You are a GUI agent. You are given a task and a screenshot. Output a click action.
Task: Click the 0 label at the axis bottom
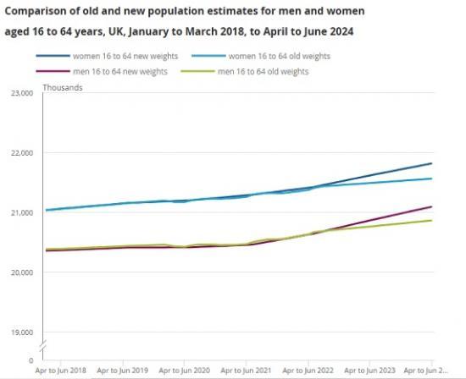31,361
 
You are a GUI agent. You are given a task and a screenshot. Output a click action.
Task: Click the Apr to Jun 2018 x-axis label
61,371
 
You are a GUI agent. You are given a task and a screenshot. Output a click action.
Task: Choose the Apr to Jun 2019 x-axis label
122,371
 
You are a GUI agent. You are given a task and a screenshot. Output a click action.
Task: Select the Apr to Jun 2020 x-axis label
184,371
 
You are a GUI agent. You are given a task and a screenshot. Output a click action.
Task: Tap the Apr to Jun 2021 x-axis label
246,371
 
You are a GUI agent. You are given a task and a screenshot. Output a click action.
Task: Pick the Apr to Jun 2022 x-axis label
308,371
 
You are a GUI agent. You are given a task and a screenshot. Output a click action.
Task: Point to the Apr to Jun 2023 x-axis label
369,371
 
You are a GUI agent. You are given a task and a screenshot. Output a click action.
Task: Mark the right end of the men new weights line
432,206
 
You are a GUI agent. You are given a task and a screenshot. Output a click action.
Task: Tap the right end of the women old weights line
432,179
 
